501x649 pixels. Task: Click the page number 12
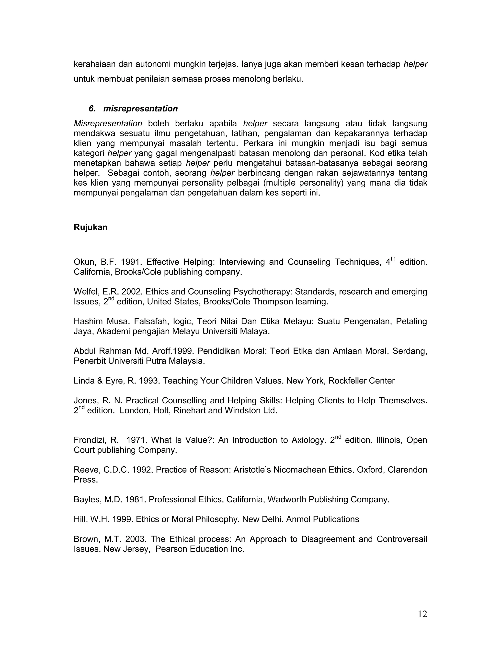tap(422, 614)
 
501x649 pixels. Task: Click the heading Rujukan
tap(91, 227)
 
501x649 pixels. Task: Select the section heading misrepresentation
tap(140, 108)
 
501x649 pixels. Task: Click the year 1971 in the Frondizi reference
tap(135, 440)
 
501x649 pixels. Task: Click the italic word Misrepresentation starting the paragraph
tap(108, 123)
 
